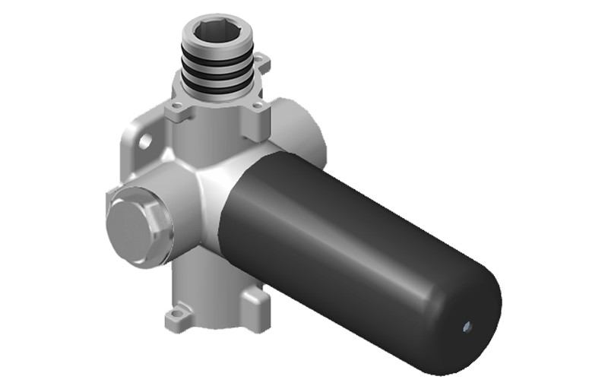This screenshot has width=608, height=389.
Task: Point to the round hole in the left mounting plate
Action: [x=144, y=141]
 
